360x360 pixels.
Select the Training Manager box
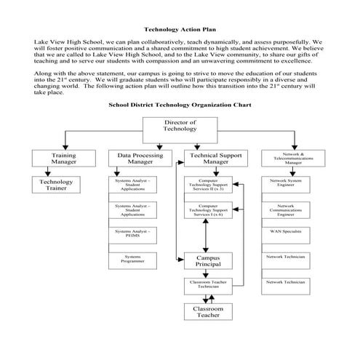click(x=63, y=159)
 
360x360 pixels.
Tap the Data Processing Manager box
click(x=140, y=159)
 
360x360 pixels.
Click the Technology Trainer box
click(x=55, y=185)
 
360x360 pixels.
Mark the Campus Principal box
click(x=209, y=260)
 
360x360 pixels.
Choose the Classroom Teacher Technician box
click(x=209, y=284)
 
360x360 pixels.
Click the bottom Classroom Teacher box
click(x=209, y=312)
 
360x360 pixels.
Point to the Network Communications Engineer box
click(x=286, y=210)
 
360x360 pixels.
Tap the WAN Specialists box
click(x=286, y=233)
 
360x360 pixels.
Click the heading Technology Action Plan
click(x=180, y=30)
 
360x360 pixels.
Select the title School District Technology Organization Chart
click(x=180, y=105)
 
